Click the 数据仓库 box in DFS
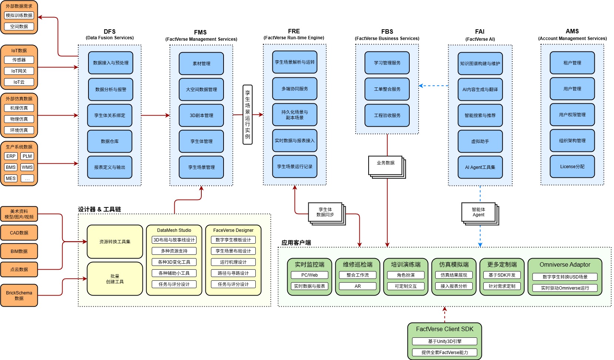click(110, 141)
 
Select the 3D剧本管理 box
click(201, 115)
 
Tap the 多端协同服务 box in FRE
click(295, 89)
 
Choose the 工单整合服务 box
click(387, 89)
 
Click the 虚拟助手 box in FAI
click(480, 141)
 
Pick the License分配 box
click(572, 167)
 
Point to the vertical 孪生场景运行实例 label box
click(248, 115)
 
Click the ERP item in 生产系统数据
click(11, 156)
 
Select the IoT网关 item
click(19, 71)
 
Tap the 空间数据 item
click(19, 26)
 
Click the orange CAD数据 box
click(19, 233)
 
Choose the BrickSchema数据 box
click(19, 295)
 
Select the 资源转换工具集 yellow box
click(115, 242)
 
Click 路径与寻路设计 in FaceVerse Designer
click(233, 273)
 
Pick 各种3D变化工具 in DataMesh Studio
click(174, 262)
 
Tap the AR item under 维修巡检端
click(358, 286)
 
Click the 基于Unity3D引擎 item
click(444, 341)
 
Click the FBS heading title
click(387, 31)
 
